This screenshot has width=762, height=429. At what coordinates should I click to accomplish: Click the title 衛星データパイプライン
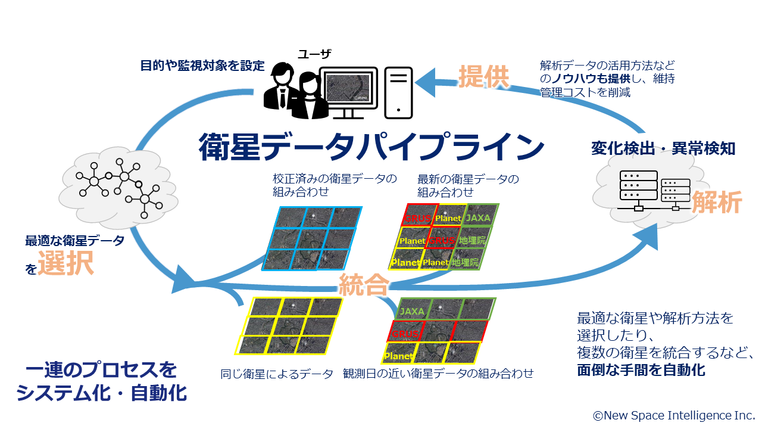(x=371, y=146)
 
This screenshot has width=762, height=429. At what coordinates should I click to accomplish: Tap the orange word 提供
(x=484, y=76)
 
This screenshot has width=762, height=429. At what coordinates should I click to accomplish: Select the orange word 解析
(x=716, y=203)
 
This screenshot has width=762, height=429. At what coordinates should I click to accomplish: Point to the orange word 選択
(x=66, y=264)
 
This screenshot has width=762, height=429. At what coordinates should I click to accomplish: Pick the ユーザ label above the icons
(x=314, y=54)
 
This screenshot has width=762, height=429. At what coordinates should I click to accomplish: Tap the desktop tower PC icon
(x=398, y=91)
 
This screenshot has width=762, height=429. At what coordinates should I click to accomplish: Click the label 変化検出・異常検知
(x=663, y=148)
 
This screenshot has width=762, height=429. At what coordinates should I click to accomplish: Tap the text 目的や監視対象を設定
(x=202, y=66)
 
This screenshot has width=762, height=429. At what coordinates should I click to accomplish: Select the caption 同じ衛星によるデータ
(x=277, y=374)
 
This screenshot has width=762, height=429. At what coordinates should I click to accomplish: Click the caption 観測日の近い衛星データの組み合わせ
(x=438, y=374)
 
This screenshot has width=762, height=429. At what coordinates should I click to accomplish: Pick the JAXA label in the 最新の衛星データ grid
(x=478, y=218)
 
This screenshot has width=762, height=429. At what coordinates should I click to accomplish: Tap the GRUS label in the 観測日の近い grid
(x=405, y=334)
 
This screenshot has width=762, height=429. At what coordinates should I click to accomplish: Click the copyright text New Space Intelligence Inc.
(x=673, y=415)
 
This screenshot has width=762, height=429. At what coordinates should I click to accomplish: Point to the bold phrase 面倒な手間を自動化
(x=641, y=371)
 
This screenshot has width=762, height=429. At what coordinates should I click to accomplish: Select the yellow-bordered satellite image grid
(x=289, y=325)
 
